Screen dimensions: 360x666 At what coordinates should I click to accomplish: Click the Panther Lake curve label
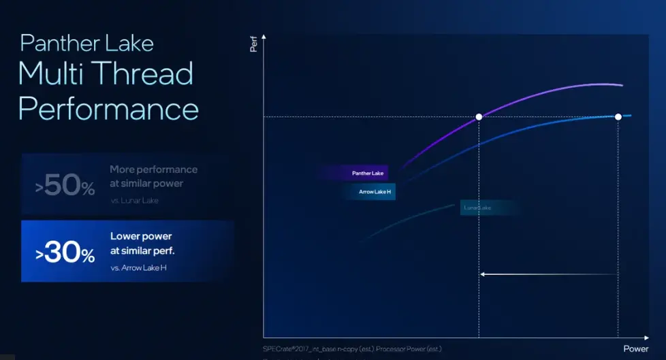367,174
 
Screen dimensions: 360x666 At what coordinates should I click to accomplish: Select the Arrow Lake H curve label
374,192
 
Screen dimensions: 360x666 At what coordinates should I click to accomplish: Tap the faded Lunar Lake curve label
477,207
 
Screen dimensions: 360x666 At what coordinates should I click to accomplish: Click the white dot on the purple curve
479,117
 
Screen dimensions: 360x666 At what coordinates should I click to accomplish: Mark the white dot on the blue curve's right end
618,117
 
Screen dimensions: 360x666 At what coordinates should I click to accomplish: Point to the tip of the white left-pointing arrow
481,274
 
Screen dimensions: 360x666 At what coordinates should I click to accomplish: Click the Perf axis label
253,46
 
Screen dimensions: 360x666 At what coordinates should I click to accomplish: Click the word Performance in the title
108,108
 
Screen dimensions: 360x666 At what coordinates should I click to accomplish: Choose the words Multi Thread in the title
106,73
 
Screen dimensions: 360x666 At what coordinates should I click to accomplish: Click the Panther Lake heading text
86,43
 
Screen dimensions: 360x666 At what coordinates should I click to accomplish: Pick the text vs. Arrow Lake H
138,268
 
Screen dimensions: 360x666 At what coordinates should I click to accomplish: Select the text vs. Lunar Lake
135,201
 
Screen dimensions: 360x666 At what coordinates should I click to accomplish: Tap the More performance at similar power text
153,176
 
